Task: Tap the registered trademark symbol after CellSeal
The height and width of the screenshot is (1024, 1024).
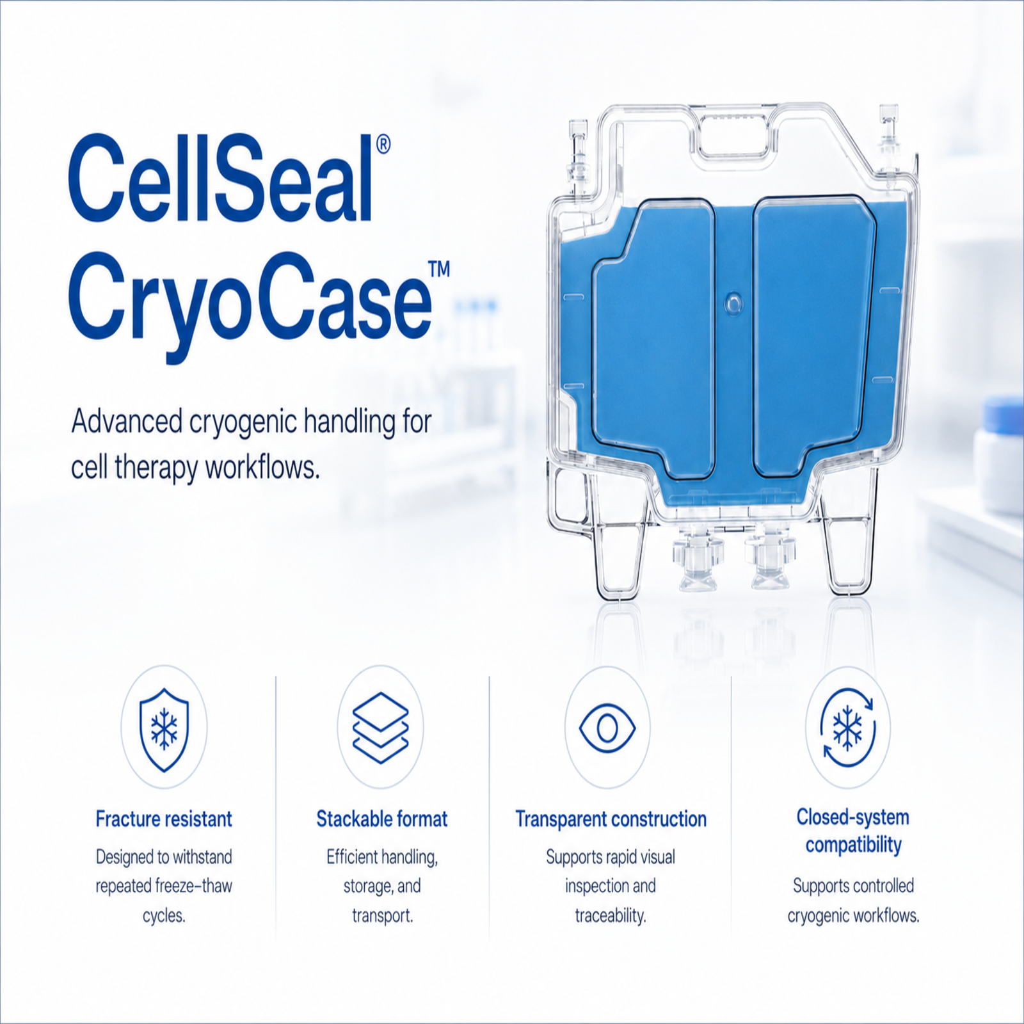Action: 383,144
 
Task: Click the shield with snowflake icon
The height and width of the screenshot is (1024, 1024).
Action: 164,729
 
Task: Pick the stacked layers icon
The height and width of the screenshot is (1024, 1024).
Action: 381,728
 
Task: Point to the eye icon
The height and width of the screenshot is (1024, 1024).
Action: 607,728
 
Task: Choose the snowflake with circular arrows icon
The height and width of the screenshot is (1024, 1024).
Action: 848,728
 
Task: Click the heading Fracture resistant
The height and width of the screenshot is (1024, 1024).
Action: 164,819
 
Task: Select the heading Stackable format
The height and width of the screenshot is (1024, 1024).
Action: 382,819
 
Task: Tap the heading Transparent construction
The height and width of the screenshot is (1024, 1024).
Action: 611,819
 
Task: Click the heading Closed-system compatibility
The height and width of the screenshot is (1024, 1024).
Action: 853,831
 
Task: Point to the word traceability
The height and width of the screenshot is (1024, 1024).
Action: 611,916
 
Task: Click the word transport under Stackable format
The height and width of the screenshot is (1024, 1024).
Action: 383,916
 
